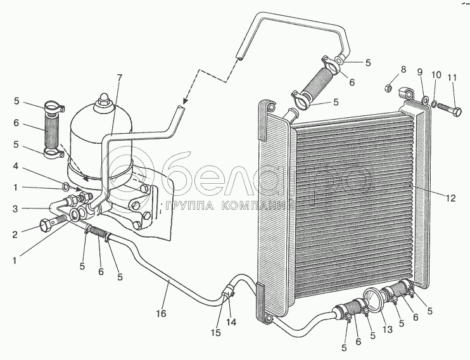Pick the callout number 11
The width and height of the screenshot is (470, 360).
(x=452, y=79)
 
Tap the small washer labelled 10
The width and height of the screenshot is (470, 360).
(x=433, y=102)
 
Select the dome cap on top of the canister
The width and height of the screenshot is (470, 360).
(x=103, y=101)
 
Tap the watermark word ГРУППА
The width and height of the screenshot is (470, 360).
(x=188, y=206)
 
